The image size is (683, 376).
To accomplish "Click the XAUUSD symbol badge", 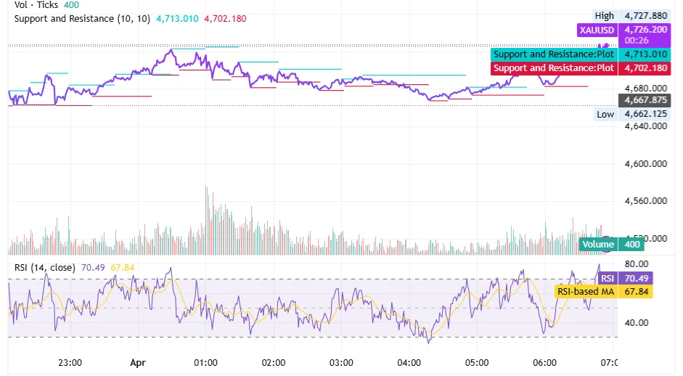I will pyautogui.click(x=595, y=30).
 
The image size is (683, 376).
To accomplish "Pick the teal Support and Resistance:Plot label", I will pyautogui.click(x=554, y=54).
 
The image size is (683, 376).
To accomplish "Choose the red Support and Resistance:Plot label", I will pyautogui.click(x=554, y=68).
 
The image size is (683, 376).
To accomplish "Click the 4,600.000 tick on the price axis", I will pyautogui.click(x=645, y=164).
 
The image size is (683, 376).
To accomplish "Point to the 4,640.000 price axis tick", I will pyautogui.click(x=645, y=126).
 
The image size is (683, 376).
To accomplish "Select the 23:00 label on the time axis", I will pyautogui.click(x=70, y=362).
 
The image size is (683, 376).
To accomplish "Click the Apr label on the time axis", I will pyautogui.click(x=138, y=362).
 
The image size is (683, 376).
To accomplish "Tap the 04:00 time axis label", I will pyautogui.click(x=409, y=362).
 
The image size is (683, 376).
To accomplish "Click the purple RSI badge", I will pyautogui.click(x=608, y=278).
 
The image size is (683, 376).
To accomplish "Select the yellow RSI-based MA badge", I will pyautogui.click(x=586, y=292).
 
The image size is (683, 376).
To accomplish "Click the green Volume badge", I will pyautogui.click(x=598, y=245).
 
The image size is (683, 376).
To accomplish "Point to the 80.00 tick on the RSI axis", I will pyautogui.click(x=636, y=264).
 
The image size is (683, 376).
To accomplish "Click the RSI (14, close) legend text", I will pyautogui.click(x=44, y=268).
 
